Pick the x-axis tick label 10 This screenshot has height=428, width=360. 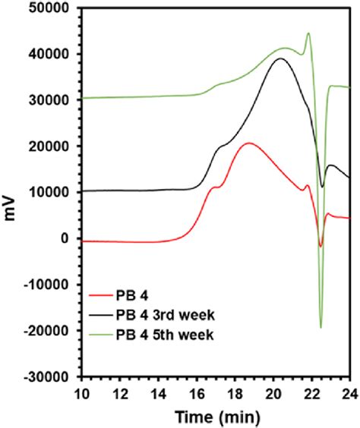[82, 393]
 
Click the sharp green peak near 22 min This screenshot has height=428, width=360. [308, 33]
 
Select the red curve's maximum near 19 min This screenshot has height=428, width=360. [248, 143]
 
